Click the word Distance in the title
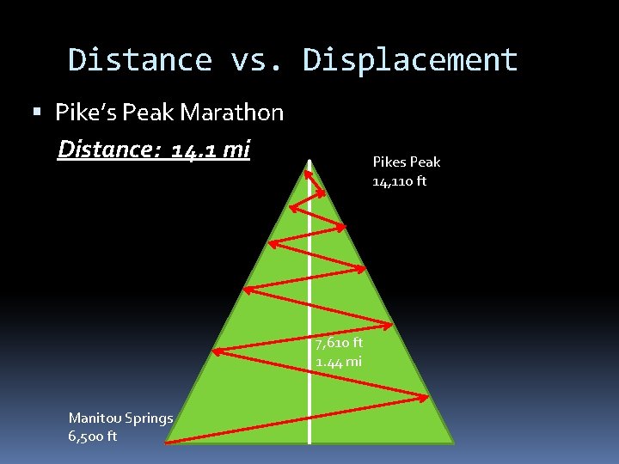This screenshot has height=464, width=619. (x=139, y=60)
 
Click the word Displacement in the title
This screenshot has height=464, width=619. (x=411, y=60)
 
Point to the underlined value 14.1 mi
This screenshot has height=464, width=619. (x=210, y=150)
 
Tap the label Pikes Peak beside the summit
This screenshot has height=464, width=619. (x=406, y=162)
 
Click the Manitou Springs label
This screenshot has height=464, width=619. (x=120, y=418)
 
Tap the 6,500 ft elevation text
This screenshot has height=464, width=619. (x=93, y=437)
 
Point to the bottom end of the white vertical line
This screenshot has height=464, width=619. (x=309, y=442)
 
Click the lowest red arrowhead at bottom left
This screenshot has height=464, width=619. (x=169, y=441)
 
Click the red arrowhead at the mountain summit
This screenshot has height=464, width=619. (x=308, y=165)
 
